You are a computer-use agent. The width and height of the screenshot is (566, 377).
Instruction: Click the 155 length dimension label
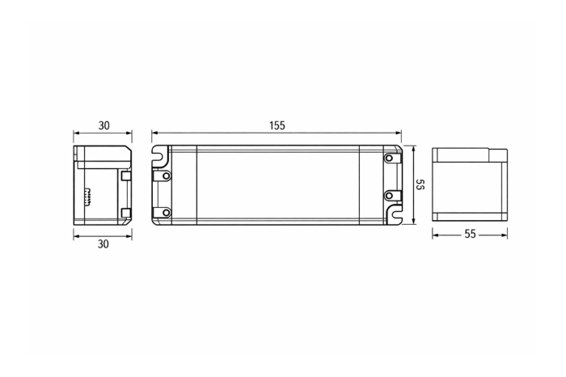pyautogui.click(x=277, y=125)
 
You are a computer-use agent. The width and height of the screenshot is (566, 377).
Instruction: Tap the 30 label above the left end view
pyautogui.click(x=104, y=125)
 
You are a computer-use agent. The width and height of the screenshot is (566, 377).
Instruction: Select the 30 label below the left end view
pyautogui.click(x=103, y=244)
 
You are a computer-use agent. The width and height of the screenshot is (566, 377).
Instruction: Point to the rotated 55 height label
pyautogui.click(x=420, y=184)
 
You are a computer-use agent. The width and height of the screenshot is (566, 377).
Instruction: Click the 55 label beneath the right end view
pyautogui.click(x=470, y=234)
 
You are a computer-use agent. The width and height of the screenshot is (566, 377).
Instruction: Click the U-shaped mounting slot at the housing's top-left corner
pyautogui.click(x=160, y=156)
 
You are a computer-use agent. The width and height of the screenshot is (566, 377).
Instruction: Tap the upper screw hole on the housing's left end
pyautogui.click(x=166, y=176)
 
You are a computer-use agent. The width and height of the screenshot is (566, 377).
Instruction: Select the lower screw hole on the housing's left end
pyautogui.click(x=166, y=213)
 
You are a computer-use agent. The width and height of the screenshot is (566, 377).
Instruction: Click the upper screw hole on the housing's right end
pyautogui.click(x=389, y=159)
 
